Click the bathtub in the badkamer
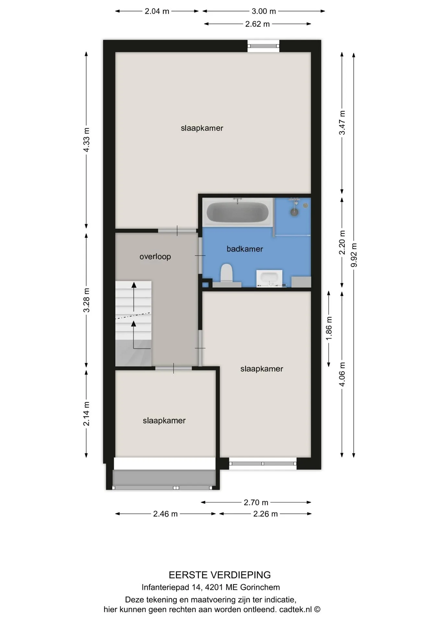(x=237, y=213)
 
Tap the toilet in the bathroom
(x=226, y=275)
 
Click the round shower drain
(x=294, y=212)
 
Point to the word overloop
(x=155, y=257)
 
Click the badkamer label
(x=245, y=249)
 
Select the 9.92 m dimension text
(x=354, y=255)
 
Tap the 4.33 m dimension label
(x=86, y=140)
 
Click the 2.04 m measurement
(x=157, y=11)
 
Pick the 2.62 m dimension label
(x=258, y=24)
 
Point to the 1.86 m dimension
(x=329, y=328)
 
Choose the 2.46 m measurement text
(x=165, y=514)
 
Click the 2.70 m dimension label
(x=256, y=502)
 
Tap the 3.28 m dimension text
(x=86, y=300)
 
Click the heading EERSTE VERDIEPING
(x=220, y=575)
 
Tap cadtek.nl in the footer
(x=295, y=609)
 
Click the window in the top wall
(x=263, y=46)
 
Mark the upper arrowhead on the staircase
(x=134, y=285)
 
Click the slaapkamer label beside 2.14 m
(x=164, y=420)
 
